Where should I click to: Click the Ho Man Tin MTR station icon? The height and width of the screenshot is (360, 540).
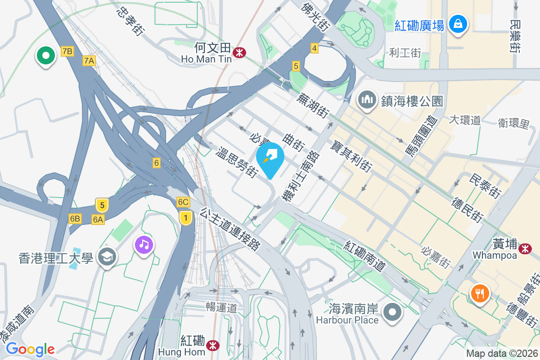click(239, 52)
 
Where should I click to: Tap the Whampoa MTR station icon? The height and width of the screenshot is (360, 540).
click(524, 248)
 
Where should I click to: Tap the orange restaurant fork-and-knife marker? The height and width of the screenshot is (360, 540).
click(480, 293)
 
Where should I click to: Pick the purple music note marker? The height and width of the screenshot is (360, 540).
click(144, 245)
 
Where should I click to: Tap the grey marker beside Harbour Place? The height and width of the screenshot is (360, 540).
click(392, 312)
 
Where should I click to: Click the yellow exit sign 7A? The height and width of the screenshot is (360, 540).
click(89, 60)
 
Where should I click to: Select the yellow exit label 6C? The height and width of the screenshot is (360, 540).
click(183, 202)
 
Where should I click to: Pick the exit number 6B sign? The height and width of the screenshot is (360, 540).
click(75, 219)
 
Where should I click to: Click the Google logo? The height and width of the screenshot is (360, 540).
click(30, 349)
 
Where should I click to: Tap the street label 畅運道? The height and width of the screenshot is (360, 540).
click(221, 308)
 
